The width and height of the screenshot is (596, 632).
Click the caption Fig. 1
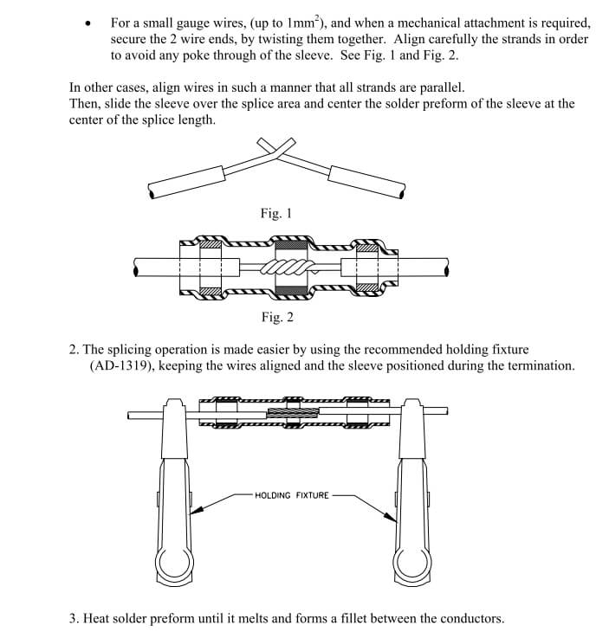pyautogui.click(x=277, y=213)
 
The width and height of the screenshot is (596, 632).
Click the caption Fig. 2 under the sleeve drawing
pyautogui.click(x=277, y=317)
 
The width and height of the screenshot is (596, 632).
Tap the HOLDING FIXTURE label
pyautogui.click(x=292, y=495)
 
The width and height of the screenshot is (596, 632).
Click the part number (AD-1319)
pyautogui.click(x=125, y=365)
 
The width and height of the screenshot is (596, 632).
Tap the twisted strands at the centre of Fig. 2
pyautogui.click(x=290, y=267)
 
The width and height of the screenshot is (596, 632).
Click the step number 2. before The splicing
pyautogui.click(x=75, y=350)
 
